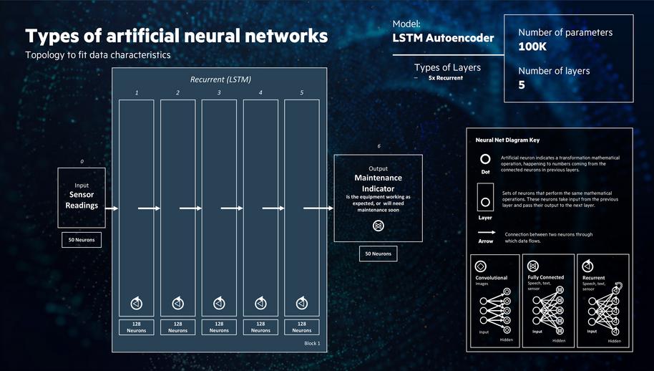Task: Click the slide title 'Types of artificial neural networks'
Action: pos(177,36)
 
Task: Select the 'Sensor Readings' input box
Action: pos(82,198)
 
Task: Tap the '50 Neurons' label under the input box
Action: pos(82,239)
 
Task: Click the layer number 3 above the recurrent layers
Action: pos(219,93)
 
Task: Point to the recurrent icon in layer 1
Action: pos(136,304)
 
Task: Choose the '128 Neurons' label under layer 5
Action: pos(302,327)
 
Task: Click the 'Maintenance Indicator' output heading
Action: pos(378,183)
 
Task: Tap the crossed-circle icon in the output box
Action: pos(378,226)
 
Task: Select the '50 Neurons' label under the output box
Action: pos(378,254)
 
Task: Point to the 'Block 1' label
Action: pos(312,344)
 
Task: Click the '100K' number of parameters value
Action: pos(533,47)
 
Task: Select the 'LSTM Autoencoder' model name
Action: pos(443,38)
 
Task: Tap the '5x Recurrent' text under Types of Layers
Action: pos(445,77)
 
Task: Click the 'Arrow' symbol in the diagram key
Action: pos(486,233)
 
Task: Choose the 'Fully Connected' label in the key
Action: pos(545,277)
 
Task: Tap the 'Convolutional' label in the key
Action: pos(492,278)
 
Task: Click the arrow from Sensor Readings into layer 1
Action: pos(112,208)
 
